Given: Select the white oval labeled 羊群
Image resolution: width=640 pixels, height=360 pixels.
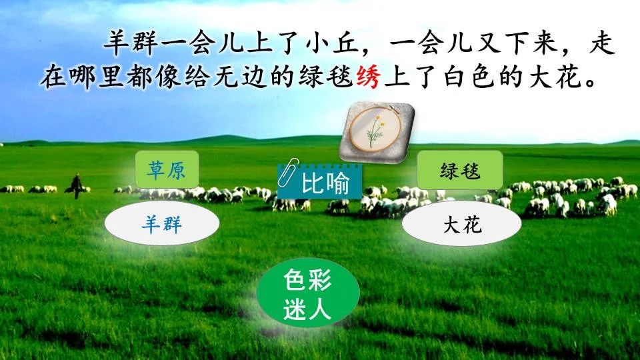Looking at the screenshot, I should (162, 223).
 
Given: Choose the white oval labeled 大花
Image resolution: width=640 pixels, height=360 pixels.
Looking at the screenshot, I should (461, 225).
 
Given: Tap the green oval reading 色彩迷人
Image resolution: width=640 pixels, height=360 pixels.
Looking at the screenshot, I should (308, 293).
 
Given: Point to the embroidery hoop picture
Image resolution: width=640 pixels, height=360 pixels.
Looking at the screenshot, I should (374, 131).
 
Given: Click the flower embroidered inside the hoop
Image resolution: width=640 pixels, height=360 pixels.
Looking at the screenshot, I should (374, 129).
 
